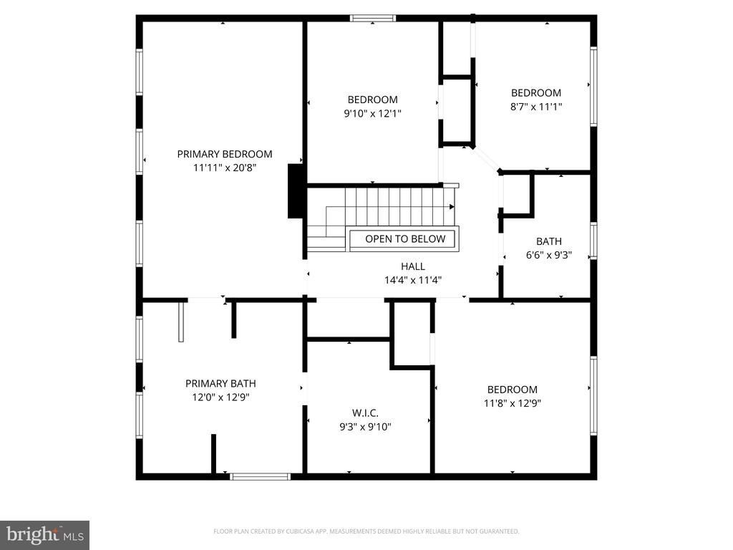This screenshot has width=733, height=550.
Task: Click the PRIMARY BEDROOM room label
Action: tap(224, 154)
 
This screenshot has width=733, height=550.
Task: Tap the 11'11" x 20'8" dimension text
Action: tap(225, 168)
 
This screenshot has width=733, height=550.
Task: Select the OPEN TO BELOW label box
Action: tap(405, 239)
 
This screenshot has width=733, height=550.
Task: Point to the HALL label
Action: tap(413, 266)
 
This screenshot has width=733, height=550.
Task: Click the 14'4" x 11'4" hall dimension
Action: tap(413, 280)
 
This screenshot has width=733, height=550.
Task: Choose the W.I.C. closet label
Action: tap(365, 413)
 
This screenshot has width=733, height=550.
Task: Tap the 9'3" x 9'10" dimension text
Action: tap(365, 427)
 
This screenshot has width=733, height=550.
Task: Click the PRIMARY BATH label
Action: tap(220, 384)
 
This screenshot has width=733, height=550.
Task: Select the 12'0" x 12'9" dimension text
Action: tap(220, 397)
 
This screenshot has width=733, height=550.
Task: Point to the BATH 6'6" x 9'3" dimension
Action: tap(549, 255)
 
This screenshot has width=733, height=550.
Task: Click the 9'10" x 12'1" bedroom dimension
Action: tap(372, 113)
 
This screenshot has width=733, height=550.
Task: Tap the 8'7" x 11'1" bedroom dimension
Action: tap(535, 106)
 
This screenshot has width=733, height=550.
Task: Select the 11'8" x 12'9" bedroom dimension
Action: tap(513, 403)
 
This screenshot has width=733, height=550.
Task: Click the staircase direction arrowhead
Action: tap(452, 207)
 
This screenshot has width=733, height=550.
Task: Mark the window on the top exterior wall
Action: tap(373, 18)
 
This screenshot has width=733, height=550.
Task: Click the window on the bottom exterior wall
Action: tap(261, 476)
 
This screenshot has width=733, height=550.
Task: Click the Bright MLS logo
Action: tap(44, 535)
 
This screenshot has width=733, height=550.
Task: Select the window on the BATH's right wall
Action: tap(593, 241)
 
